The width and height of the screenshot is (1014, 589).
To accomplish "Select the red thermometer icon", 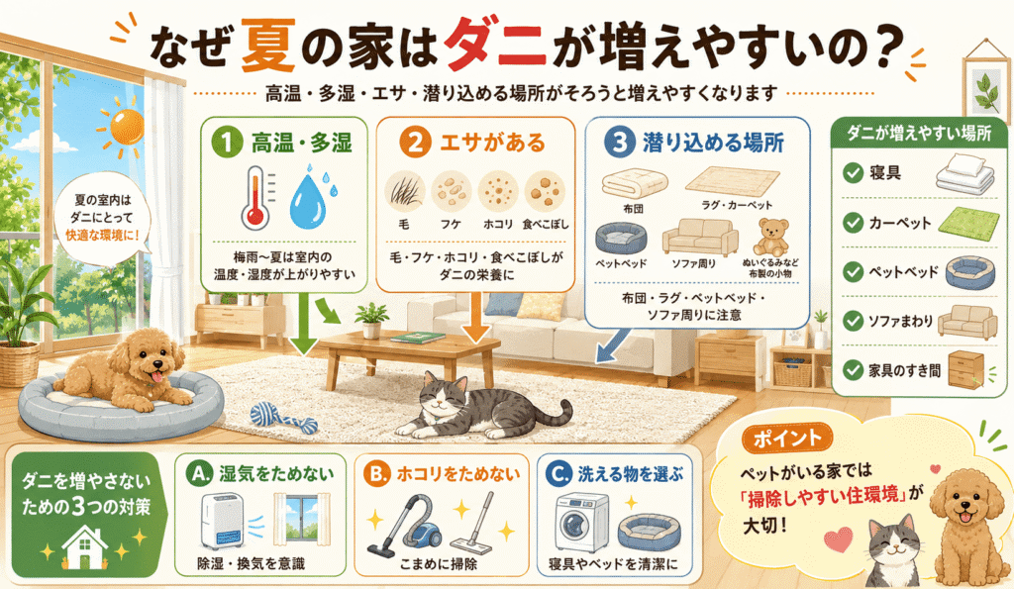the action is tap(254, 198).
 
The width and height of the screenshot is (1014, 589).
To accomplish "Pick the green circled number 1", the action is tap(227, 142).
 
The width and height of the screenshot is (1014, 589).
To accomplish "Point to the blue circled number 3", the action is tap(619, 142).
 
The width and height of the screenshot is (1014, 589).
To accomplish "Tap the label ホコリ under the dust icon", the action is tap(498, 225).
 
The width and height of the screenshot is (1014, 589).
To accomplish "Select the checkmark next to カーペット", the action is tap(853, 223).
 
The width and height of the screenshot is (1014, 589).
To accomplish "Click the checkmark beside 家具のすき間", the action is tap(853, 370).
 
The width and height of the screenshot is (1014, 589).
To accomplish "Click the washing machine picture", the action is tap(582, 523).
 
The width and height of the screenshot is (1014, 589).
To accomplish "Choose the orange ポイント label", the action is tap(786, 439).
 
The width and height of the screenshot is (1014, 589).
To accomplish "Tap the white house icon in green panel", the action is tap(85, 547).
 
